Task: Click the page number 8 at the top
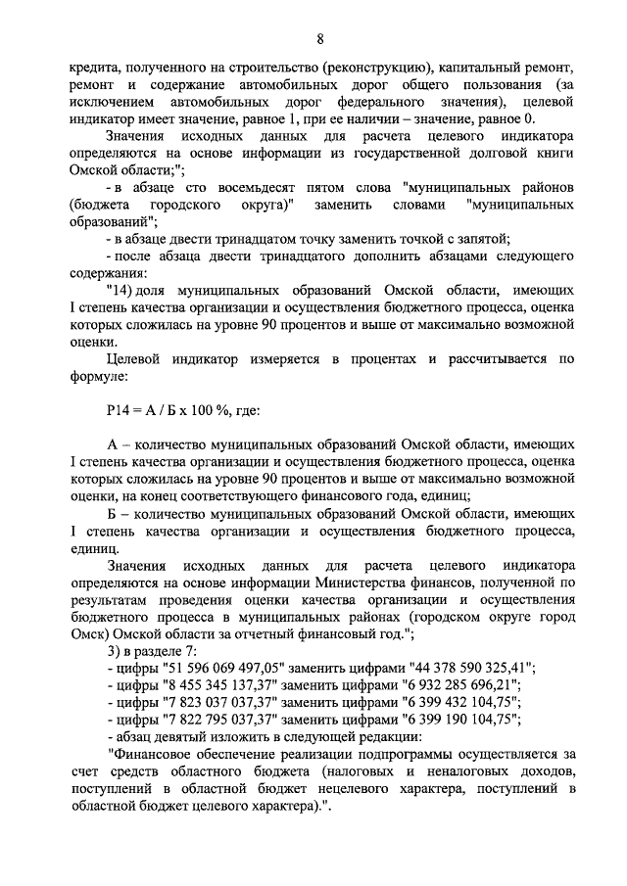319,38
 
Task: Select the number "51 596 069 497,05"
223,667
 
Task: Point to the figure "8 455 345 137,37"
219,684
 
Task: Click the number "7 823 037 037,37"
219,702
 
